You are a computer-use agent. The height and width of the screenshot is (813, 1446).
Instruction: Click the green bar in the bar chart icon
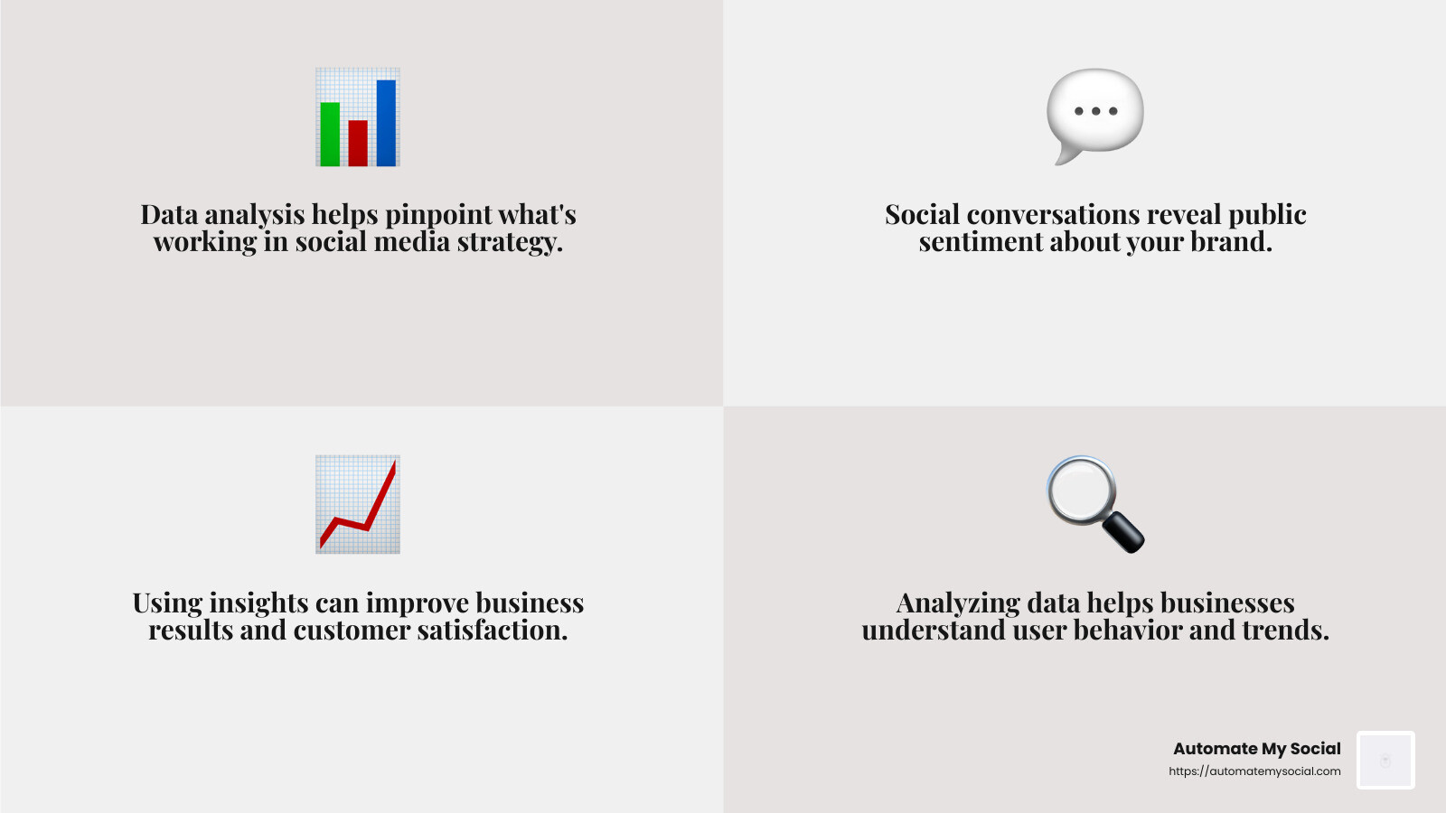coord(330,134)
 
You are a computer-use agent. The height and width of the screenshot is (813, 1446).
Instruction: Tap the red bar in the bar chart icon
coord(358,143)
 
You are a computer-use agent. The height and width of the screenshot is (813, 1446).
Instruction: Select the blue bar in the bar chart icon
coord(386,123)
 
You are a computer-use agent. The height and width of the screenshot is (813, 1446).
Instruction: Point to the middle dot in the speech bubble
coord(1095,111)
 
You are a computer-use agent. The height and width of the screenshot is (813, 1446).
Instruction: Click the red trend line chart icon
coord(358,504)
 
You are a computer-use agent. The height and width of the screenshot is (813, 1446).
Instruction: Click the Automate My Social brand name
coord(1256,749)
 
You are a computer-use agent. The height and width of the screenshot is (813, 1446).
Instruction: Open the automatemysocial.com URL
coord(1254,771)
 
